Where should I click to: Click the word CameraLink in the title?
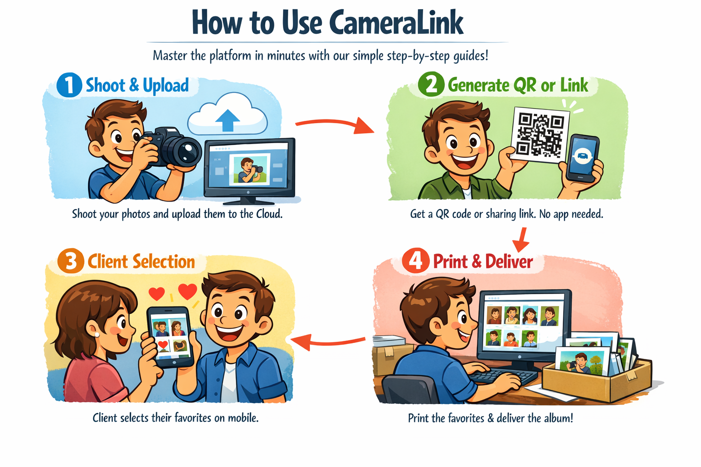click(x=396, y=22)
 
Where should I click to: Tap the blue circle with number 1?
click(x=69, y=85)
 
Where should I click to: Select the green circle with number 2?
click(x=431, y=84)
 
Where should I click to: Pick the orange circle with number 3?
click(x=71, y=261)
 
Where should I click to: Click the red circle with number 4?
click(x=416, y=260)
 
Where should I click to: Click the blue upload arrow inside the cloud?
click(x=228, y=120)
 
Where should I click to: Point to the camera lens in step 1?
click(x=187, y=151)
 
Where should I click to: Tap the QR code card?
click(x=540, y=135)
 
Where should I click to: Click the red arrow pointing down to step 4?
click(x=521, y=239)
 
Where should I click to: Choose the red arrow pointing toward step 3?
click(x=328, y=342)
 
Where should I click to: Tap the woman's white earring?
click(x=97, y=335)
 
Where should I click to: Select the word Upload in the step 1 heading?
click(x=166, y=86)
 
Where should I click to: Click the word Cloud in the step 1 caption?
click(x=269, y=214)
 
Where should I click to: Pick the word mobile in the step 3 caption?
click(x=243, y=418)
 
